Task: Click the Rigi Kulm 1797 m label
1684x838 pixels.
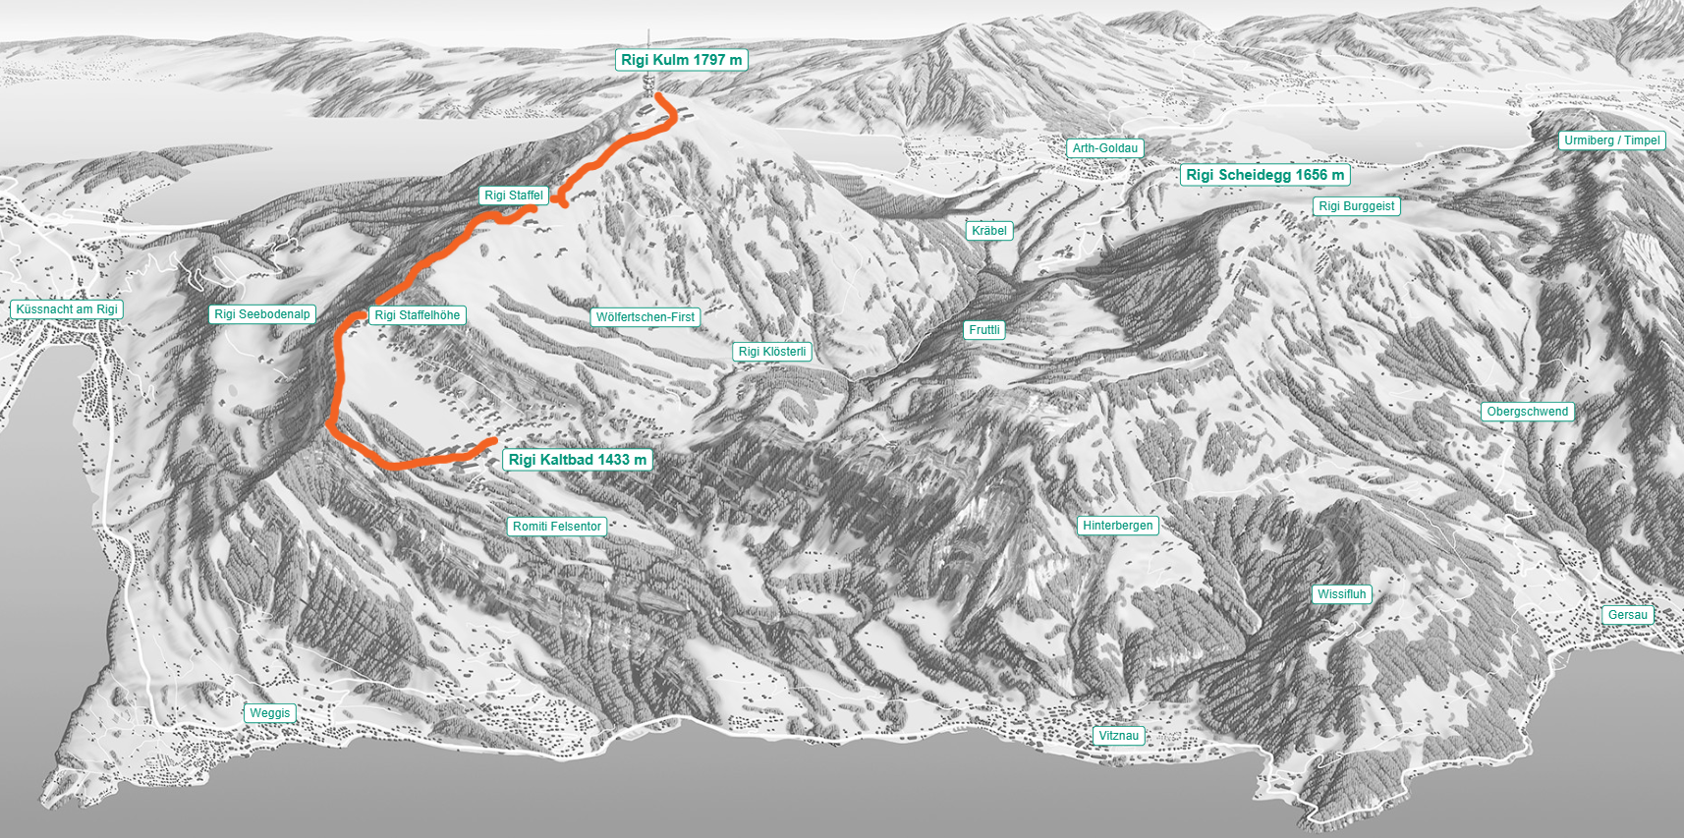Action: tap(681, 60)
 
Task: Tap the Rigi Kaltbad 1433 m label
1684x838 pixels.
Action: tap(578, 460)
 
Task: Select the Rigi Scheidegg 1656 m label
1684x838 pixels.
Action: tap(1264, 175)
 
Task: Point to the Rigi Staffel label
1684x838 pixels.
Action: tap(514, 196)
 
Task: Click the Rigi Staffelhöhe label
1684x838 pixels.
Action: tap(417, 315)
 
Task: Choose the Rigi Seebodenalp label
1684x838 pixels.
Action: tap(262, 314)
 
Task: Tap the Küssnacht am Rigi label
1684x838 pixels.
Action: tap(67, 309)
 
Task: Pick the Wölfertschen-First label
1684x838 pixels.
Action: tap(646, 317)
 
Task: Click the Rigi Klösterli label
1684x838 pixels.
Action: tap(772, 352)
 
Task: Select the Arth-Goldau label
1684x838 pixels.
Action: tap(1105, 148)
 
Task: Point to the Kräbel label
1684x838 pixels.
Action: tap(989, 231)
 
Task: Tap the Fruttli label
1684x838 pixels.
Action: tap(984, 330)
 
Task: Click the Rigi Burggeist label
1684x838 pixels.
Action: tap(1356, 206)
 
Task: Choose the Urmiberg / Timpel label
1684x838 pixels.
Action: tap(1612, 140)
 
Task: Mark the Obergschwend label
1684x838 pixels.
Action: tap(1528, 412)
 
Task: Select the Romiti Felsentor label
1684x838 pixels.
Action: tap(557, 527)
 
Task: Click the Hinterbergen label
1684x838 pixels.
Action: tap(1118, 526)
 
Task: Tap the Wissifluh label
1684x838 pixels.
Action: tap(1342, 594)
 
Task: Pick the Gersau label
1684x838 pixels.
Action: tap(1628, 615)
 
